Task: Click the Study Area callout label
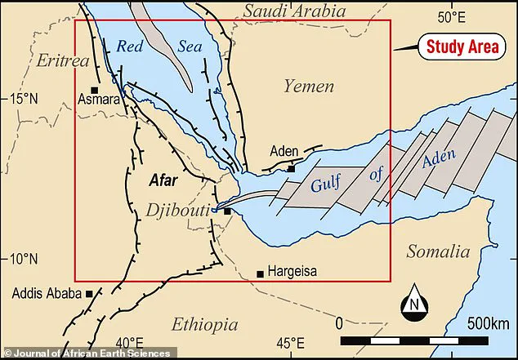[462, 47]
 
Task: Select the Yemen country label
[309, 86]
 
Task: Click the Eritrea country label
[62, 61]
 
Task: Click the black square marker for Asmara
[95, 90]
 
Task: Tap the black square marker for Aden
[291, 169]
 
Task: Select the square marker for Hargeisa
[260, 273]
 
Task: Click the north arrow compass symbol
[414, 304]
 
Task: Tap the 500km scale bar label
[487, 322]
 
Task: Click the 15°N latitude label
[23, 99]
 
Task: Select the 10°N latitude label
[23, 260]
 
